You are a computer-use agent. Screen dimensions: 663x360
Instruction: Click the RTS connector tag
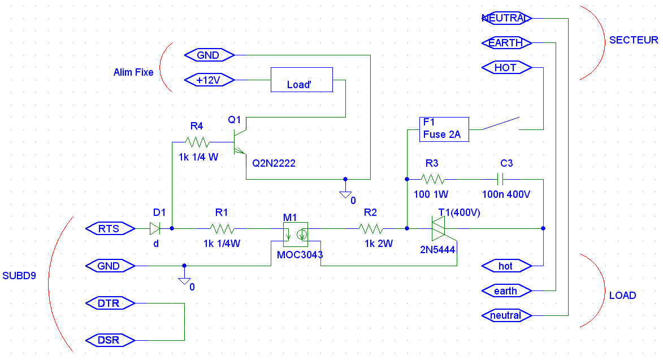click(x=110, y=228)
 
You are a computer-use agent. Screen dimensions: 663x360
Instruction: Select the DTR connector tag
click(x=110, y=303)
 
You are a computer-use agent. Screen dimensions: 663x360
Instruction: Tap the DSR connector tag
click(x=110, y=340)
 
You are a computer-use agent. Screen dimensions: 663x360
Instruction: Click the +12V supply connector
click(x=209, y=80)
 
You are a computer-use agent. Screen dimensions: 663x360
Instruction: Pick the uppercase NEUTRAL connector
click(x=506, y=18)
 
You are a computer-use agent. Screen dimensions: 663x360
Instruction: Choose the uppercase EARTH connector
click(x=506, y=43)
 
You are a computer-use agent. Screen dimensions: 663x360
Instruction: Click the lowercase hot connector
click(x=506, y=266)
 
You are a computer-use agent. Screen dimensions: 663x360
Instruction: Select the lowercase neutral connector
click(x=506, y=315)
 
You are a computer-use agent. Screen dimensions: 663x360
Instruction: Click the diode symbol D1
click(x=155, y=228)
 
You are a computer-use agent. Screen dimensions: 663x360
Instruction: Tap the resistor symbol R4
click(x=197, y=142)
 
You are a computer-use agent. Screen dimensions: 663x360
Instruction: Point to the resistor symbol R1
click(x=222, y=228)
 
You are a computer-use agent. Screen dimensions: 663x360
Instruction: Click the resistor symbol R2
click(x=371, y=228)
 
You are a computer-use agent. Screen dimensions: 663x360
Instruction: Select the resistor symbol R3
click(x=432, y=179)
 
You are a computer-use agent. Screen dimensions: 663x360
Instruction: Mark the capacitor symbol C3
click(x=501, y=179)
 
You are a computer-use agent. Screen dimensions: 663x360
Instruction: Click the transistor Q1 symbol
click(x=240, y=142)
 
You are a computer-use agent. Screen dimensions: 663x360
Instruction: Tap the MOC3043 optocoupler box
click(x=296, y=235)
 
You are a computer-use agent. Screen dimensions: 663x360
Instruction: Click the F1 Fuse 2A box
click(x=444, y=129)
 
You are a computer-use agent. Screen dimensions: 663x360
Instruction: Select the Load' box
click(x=302, y=80)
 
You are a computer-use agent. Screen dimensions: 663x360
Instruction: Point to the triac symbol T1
click(x=439, y=228)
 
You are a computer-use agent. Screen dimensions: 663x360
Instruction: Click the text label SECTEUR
click(x=634, y=40)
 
